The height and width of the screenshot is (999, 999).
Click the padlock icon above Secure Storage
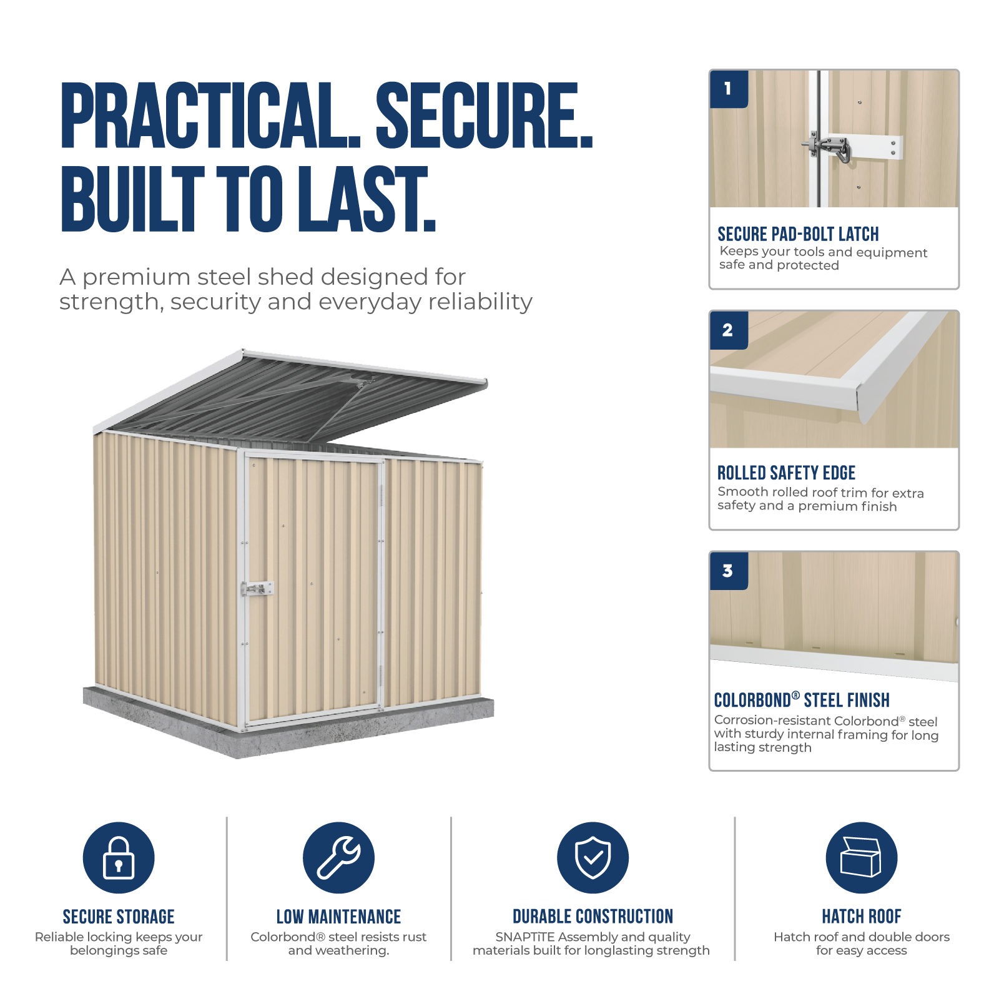(119, 857)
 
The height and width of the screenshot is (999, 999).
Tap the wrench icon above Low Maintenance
(338, 857)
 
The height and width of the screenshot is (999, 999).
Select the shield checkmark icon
(593, 857)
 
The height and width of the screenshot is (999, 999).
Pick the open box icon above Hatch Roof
(861, 857)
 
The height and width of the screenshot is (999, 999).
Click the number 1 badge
(729, 89)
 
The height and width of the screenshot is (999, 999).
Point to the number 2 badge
(729, 330)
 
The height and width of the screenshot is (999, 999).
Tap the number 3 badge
(729, 571)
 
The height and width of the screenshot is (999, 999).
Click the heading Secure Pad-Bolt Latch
(798, 234)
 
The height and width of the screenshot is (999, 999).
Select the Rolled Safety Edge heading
(786, 473)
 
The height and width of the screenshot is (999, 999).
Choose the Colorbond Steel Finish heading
(802, 700)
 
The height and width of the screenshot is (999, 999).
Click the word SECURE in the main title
(484, 116)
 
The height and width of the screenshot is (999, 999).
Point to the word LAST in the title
(366, 199)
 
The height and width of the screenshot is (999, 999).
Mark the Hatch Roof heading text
(862, 917)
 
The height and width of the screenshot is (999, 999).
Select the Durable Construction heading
(593, 917)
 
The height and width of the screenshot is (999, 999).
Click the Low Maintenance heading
(338, 917)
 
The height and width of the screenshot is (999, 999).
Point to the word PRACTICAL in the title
(210, 116)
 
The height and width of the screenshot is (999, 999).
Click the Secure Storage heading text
(119, 917)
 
